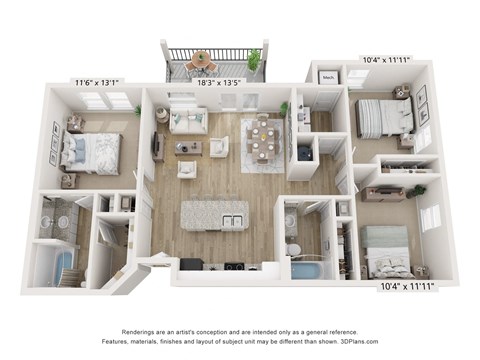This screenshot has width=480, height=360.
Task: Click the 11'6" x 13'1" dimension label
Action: pyautogui.click(x=95, y=82)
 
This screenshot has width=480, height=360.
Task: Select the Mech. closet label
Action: pyautogui.click(x=328, y=76)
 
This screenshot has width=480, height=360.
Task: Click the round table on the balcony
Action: pyautogui.click(x=204, y=59)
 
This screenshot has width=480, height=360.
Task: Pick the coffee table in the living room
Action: pyautogui.click(x=188, y=148)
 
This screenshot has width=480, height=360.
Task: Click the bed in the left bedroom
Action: pyautogui.click(x=93, y=152)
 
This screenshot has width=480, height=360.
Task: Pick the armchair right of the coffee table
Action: pyautogui.click(x=219, y=147)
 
